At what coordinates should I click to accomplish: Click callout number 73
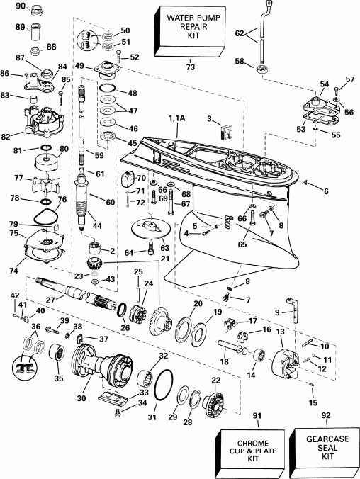pyautogui.click(x=189, y=67)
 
